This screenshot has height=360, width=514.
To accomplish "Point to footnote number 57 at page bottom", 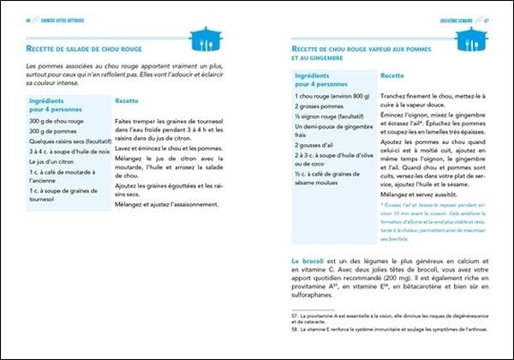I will point(296,316).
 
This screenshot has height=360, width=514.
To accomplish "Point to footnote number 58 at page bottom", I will point(296,328).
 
